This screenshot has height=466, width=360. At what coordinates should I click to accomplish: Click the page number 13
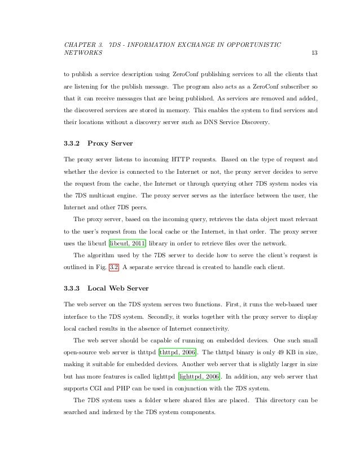point(315,53)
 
